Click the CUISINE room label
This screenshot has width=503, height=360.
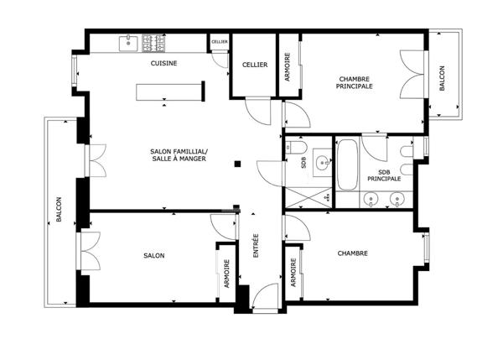coord(163,63)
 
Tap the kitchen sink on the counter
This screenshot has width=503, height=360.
coord(128,44)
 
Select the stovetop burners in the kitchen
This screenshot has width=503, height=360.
coord(153,43)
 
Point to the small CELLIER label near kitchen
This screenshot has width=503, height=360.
coord(220,42)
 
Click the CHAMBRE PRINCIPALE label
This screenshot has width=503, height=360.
coord(354,82)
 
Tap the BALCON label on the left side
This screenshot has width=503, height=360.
coord(59,209)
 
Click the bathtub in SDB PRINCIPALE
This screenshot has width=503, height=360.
coord(347,164)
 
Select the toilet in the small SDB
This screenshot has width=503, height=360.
coord(296,148)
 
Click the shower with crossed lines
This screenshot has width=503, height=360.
coord(309,198)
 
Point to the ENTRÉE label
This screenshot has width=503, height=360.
coord(256,245)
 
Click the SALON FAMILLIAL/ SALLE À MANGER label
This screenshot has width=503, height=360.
coord(179,154)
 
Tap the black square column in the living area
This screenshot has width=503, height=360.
coord(237,164)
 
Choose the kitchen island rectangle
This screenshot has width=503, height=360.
coord(169,92)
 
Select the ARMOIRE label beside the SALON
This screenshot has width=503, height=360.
coord(227,274)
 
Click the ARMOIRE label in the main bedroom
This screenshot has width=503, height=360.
coord(287,67)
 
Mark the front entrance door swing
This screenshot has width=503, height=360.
coord(265,295)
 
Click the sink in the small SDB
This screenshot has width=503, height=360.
coord(322,163)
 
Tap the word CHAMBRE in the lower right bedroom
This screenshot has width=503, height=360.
coord(353,253)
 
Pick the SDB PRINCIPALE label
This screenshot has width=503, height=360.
coord(384,175)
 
